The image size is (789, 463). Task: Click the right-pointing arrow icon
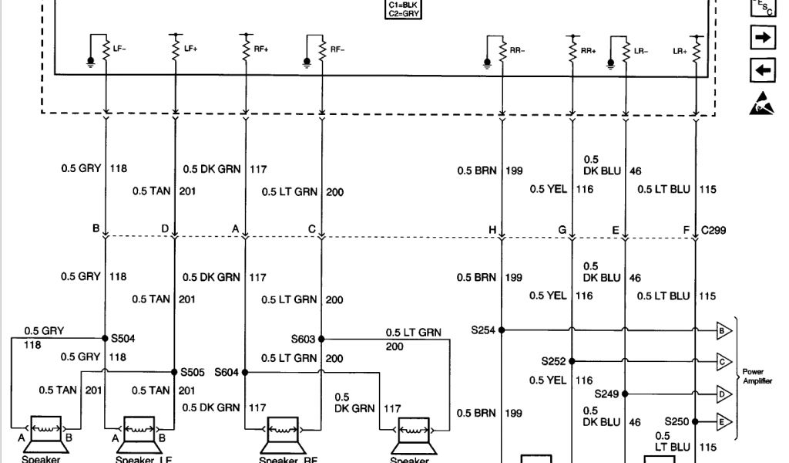762,38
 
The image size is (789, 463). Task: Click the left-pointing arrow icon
762,71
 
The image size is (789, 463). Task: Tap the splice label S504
123,338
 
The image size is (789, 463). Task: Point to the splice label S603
304,339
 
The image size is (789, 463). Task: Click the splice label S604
227,372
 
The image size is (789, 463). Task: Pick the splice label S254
484,330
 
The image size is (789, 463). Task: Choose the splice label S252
553,360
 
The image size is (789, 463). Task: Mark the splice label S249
607,392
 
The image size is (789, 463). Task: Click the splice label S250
677,421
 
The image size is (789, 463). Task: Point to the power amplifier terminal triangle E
723,421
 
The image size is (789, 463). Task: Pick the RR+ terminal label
589,52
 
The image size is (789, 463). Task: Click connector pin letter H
491,230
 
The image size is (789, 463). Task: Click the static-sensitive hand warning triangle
761,104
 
